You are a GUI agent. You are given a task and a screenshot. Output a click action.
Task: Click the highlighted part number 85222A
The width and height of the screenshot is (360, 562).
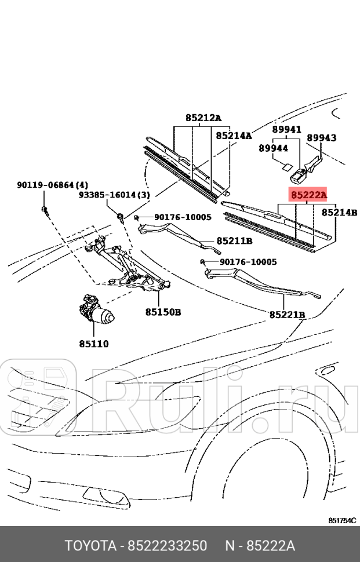[308, 195]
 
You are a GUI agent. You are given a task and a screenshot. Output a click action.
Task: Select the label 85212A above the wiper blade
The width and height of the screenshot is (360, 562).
[203, 118]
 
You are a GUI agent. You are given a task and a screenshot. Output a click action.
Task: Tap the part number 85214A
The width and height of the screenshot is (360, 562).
[234, 136]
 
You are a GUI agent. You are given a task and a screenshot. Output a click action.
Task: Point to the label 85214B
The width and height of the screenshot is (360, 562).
[339, 213]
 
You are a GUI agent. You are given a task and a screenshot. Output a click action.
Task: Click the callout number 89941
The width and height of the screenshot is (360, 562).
[288, 130]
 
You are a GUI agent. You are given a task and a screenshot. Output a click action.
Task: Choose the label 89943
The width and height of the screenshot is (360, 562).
[321, 138]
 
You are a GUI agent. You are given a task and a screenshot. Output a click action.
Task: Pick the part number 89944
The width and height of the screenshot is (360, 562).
[274, 148]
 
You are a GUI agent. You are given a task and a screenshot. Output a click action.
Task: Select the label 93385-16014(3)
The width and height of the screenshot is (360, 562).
[114, 195]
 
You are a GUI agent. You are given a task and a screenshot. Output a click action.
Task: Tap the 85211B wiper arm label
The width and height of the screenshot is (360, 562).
[234, 240]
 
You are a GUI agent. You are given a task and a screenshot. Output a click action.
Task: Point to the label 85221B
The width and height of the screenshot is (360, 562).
[287, 315]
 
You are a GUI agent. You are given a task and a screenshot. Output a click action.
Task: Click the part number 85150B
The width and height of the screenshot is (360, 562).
[163, 312]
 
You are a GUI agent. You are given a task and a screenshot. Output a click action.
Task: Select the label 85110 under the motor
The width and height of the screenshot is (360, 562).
[94, 344]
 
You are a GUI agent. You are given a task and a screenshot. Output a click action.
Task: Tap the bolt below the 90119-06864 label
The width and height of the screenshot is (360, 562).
[44, 209]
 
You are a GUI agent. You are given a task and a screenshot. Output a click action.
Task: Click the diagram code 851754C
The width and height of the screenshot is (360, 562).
[342, 520]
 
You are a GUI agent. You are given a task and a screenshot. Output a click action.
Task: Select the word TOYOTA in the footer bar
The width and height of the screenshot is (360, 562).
[89, 546]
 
